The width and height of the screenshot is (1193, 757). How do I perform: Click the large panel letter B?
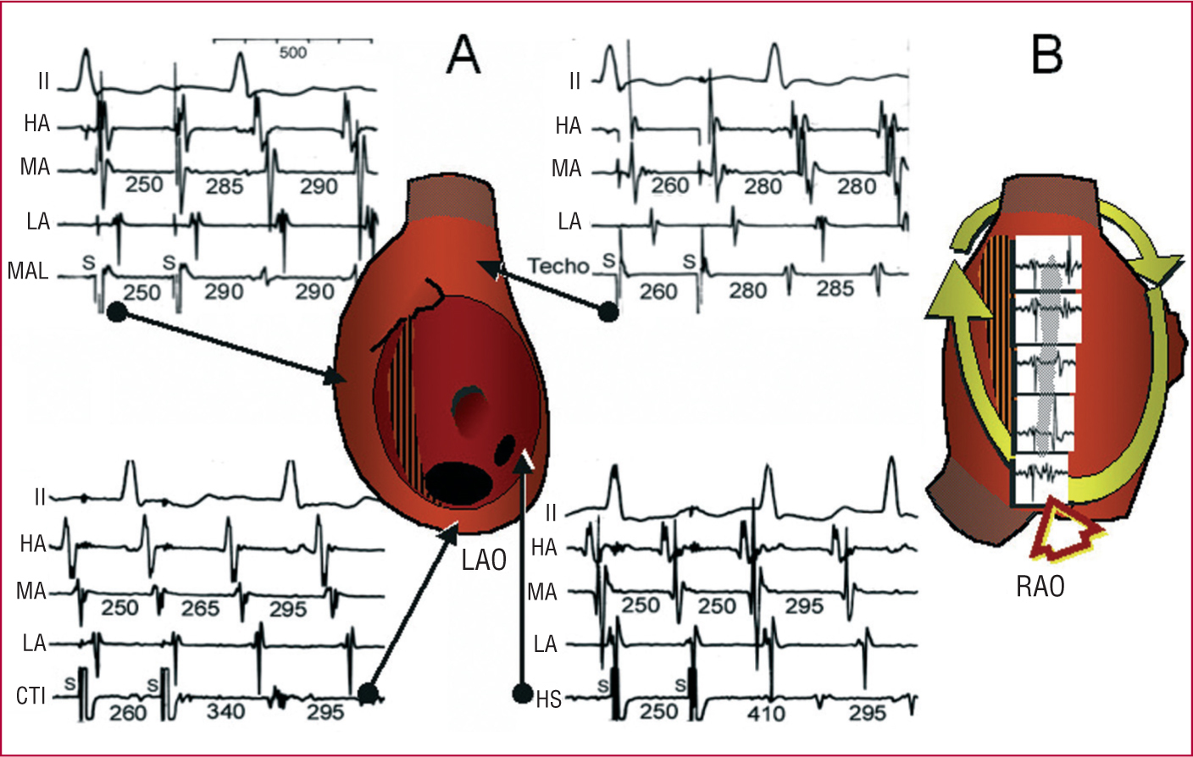pos(1047,56)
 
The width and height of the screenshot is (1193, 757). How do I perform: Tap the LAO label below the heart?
pos(484,560)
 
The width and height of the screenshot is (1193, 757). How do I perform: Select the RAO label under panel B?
pos(1040,586)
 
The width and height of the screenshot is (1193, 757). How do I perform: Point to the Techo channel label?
pos(558,266)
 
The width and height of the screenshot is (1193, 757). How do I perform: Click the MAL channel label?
pos(28,271)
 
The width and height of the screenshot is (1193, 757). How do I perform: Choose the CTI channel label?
pos(31,697)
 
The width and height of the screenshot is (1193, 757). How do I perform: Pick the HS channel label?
pos(548,699)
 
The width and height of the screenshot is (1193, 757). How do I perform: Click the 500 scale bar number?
pos(292,53)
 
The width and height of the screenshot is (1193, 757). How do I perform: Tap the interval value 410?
pos(766,713)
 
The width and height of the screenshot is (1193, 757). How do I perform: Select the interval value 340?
pos(225,712)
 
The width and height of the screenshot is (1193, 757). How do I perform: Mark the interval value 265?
pos(200,608)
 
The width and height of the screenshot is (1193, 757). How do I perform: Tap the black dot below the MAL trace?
pos(117,312)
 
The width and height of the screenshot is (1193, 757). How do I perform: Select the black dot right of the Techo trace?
pos(607,312)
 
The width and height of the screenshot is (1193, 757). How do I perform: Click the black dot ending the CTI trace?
pos(367,693)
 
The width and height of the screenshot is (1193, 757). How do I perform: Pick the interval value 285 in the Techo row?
pos(835,289)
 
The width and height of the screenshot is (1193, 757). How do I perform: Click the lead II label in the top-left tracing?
pos(43,81)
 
